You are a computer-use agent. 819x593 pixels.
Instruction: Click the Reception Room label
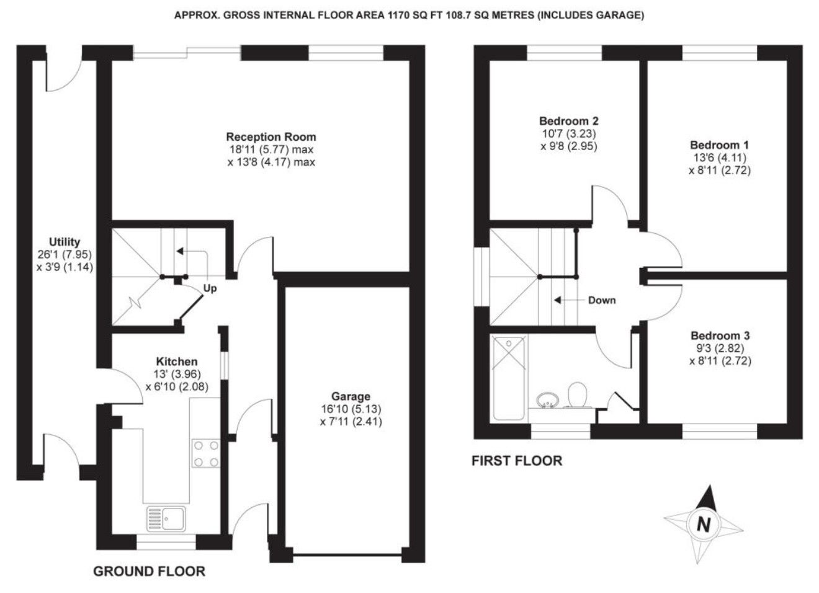click(271, 137)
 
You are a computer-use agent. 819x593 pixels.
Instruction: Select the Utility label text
click(65, 242)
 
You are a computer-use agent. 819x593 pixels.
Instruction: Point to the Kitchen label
click(177, 362)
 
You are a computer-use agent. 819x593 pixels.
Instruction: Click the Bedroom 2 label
click(569, 121)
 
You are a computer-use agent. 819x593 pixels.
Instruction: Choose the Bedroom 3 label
click(720, 335)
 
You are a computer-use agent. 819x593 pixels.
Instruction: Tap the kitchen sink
click(166, 519)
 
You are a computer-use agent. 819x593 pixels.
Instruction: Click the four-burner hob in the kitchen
click(206, 453)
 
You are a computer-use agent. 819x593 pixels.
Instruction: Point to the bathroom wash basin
click(547, 399)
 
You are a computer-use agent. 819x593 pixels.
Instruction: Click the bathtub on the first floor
click(509, 378)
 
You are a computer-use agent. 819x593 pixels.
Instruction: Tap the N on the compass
click(704, 525)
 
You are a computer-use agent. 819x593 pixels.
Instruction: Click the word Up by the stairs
click(210, 288)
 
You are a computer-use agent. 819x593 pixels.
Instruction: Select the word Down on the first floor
click(602, 300)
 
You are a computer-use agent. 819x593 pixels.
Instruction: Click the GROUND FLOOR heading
click(149, 571)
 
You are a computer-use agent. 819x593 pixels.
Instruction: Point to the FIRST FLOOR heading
click(517, 461)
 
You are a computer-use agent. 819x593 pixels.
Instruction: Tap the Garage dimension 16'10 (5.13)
click(351, 409)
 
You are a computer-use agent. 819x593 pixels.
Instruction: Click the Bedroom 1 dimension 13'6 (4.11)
click(720, 158)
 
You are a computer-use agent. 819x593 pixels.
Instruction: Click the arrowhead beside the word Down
click(558, 300)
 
